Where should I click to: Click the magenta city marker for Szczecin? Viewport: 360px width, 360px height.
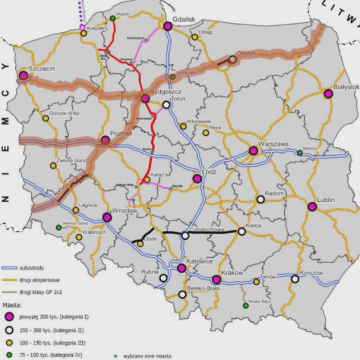coord(23,74)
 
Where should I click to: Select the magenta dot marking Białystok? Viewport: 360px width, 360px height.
coord(328,94)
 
